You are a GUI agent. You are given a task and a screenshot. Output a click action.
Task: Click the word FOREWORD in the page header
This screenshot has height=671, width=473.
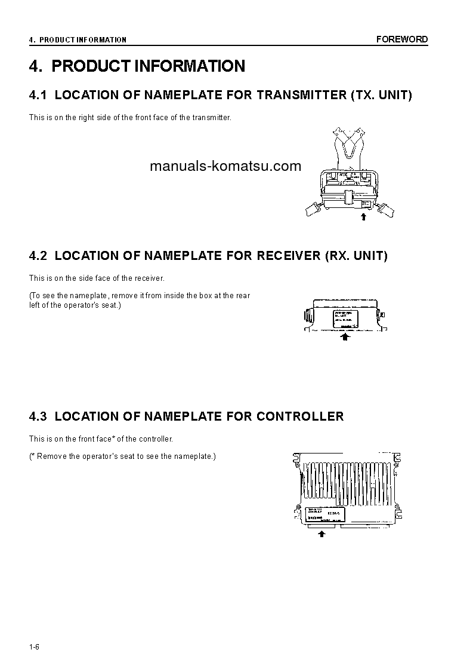coord(401,39)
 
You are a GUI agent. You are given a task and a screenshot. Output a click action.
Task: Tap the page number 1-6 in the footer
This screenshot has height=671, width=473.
coord(34,648)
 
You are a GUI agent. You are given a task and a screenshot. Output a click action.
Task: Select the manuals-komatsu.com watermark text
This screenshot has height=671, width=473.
coord(225,167)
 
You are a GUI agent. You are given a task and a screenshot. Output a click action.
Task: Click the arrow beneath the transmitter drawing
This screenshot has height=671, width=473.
coord(363,217)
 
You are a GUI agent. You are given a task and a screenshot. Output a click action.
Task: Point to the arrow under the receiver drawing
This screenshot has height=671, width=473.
coord(345,337)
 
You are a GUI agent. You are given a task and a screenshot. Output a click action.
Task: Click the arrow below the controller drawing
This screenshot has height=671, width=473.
coord(321,534)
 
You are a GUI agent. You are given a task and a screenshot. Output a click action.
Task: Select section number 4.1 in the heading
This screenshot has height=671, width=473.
coord(38,95)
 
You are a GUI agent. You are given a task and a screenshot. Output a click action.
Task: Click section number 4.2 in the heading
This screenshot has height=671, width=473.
coord(38,256)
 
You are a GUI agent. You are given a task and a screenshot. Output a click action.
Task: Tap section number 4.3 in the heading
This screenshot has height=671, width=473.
coord(38,416)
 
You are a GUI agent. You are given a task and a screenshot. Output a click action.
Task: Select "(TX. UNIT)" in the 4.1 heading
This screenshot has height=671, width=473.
coord(381,95)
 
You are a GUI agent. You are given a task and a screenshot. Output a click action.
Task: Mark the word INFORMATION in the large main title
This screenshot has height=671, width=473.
coord(190,66)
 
